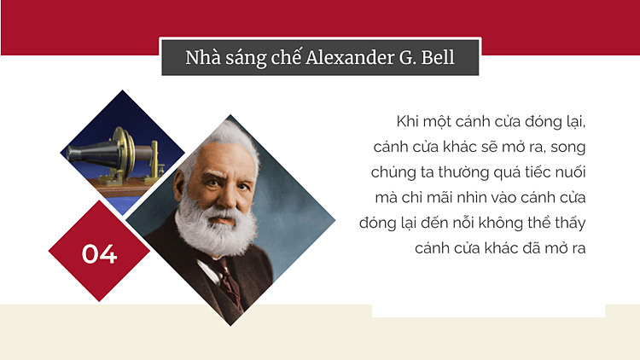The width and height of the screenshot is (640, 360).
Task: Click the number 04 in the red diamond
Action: pyautogui.click(x=99, y=254)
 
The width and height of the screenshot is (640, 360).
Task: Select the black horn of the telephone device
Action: pyautogui.click(x=93, y=152)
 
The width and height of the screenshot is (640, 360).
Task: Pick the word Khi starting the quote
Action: pyautogui.click(x=407, y=121)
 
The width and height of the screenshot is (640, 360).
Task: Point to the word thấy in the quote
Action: pyautogui.click(x=571, y=223)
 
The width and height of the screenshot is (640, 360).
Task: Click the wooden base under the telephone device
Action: pyautogui.click(x=122, y=188)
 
